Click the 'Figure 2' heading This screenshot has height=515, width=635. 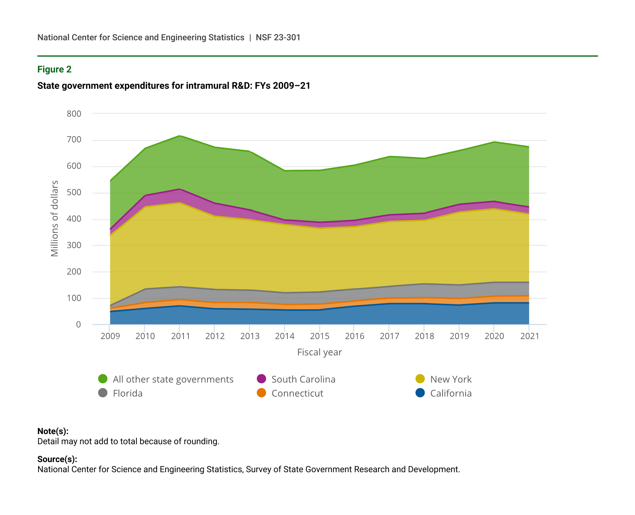[54, 69]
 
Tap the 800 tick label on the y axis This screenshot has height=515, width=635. [74, 114]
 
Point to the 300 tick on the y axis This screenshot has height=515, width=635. [74, 246]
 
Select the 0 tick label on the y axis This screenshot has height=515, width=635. [78, 325]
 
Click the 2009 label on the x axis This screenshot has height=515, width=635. [110, 336]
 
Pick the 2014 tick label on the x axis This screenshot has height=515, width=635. [285, 336]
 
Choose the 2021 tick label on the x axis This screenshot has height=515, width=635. [530, 336]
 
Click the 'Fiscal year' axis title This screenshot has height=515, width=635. [320, 352]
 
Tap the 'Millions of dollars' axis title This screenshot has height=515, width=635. [55, 219]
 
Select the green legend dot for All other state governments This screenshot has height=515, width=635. [103, 379]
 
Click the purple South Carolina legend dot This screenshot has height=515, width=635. [262, 379]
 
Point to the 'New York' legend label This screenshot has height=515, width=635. [451, 380]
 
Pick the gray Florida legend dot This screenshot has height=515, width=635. [103, 393]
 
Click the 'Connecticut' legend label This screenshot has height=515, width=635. [297, 393]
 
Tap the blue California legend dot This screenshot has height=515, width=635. [420, 393]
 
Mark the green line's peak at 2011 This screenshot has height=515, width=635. [180, 136]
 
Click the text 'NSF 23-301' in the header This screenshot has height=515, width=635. [278, 38]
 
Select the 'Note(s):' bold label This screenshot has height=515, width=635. [53, 431]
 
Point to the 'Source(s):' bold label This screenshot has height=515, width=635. [57, 459]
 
